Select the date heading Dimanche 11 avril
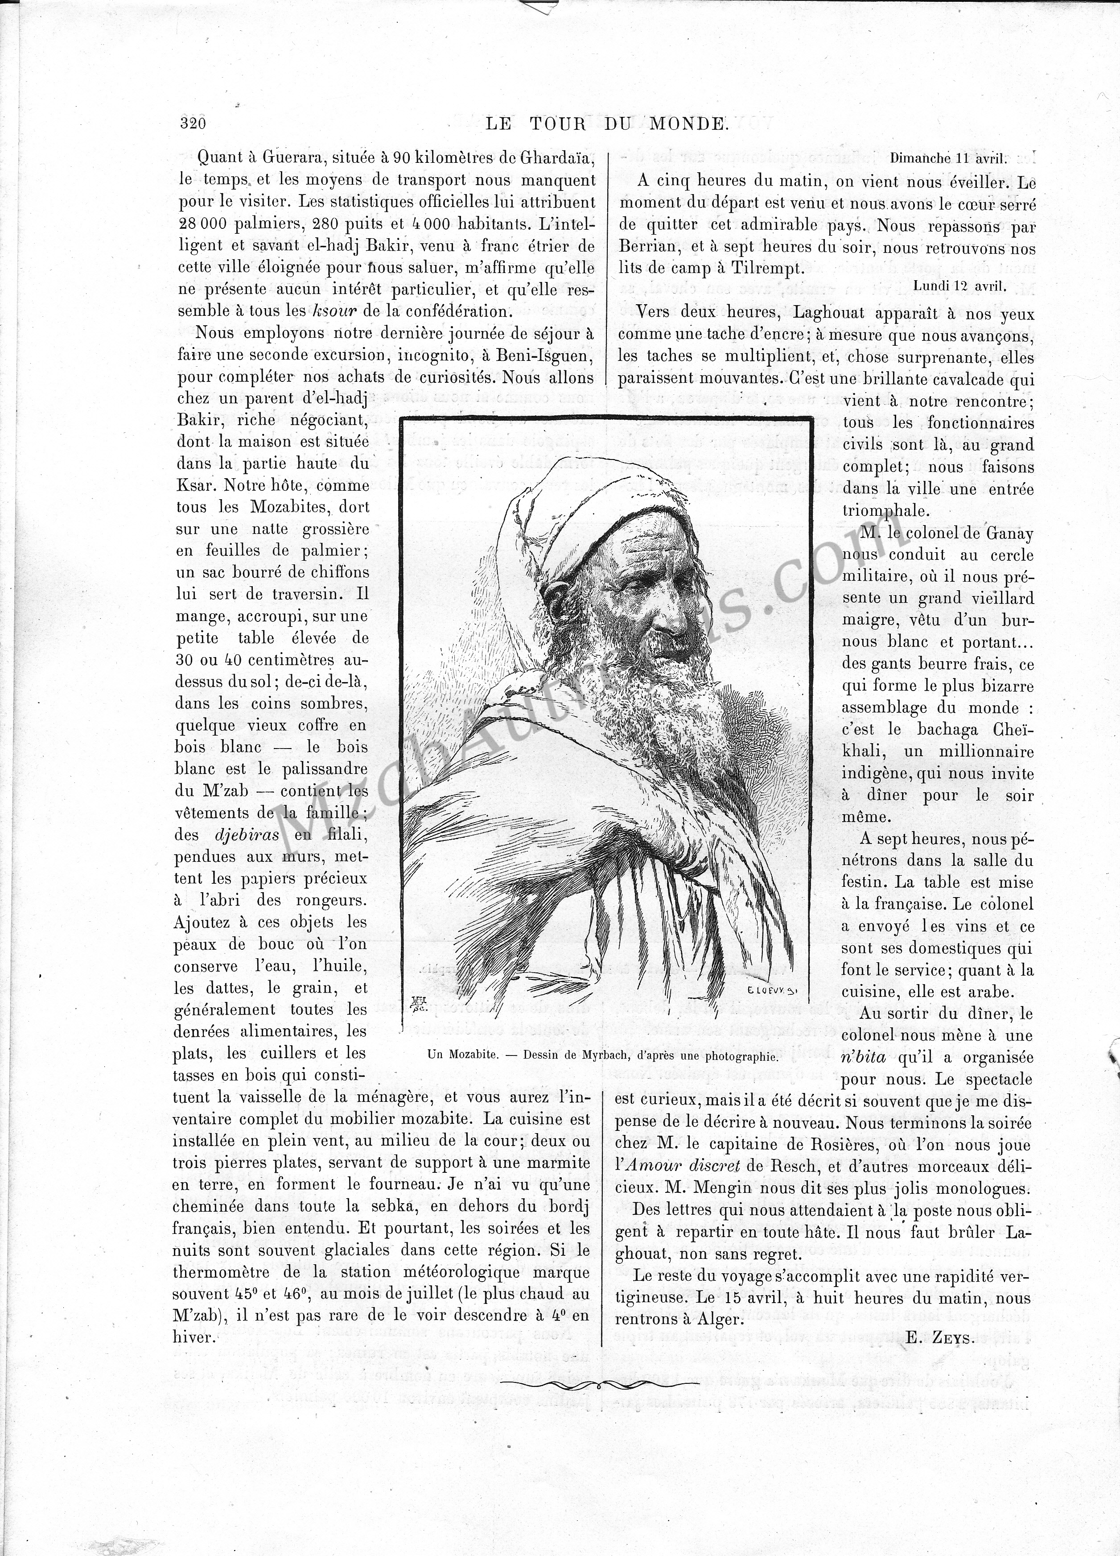(948, 158)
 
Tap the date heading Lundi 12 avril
(959, 286)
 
